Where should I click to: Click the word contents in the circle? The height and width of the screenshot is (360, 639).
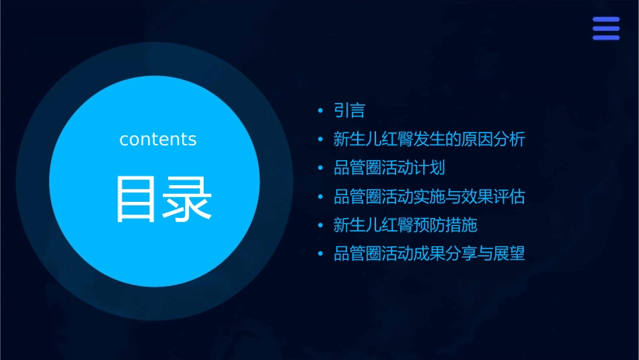tap(158, 139)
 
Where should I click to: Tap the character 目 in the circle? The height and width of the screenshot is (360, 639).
tap(137, 199)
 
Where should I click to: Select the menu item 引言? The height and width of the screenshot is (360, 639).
tap(349, 110)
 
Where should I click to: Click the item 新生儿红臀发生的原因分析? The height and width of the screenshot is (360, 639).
tap(428, 139)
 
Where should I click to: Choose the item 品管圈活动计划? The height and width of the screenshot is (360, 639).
tap(389, 168)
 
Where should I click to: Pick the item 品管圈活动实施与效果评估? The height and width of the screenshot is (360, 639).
tap(428, 196)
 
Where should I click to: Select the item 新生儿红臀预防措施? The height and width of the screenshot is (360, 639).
tap(405, 225)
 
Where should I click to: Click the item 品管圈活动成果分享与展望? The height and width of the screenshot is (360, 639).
tap(428, 254)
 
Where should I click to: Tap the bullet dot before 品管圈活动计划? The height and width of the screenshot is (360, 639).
tap(320, 168)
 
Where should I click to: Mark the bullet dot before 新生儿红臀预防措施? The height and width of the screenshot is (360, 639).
tap(320, 225)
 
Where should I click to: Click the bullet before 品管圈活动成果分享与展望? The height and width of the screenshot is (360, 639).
tap(320, 254)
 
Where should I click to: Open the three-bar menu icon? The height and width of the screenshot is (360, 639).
tap(606, 28)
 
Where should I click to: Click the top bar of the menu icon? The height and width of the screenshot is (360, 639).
tap(606, 20)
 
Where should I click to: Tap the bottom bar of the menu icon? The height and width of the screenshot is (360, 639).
tap(606, 37)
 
